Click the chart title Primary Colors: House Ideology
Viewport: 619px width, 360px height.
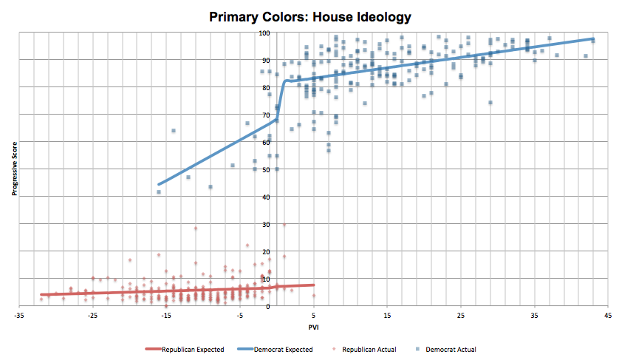(x=309, y=16)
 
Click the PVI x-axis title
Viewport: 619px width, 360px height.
(x=314, y=327)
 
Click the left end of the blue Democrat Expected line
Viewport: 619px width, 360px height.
(x=159, y=184)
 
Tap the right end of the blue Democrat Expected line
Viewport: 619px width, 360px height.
(x=593, y=38)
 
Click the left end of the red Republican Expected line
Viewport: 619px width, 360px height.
(x=41, y=294)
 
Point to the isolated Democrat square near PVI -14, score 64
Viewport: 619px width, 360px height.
(x=173, y=131)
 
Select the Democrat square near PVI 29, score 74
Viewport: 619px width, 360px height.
(x=490, y=103)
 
